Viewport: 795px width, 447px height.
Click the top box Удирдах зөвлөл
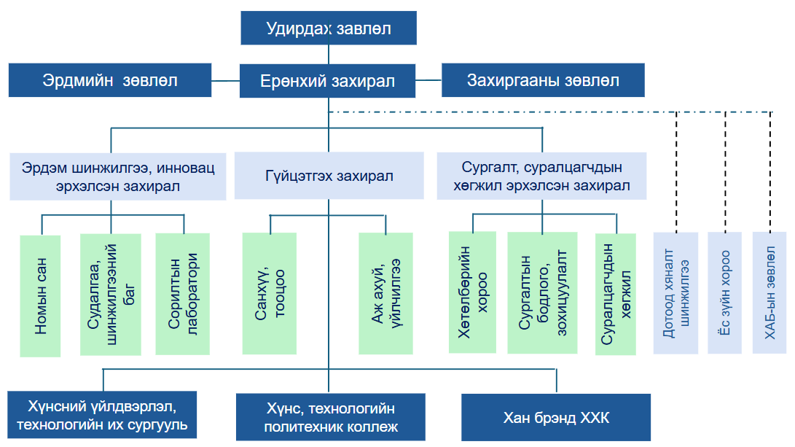coord(328,30)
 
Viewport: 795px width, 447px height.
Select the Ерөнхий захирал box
coord(328,81)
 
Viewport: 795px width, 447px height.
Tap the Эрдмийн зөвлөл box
coord(110,80)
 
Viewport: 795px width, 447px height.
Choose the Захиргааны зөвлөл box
coord(543,80)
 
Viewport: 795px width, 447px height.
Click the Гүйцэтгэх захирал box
coord(329,176)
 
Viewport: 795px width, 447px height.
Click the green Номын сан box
coord(40,295)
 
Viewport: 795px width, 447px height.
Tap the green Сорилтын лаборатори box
coord(182,293)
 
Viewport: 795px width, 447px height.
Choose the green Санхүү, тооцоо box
coord(270,293)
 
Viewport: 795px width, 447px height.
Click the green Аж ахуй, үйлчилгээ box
coord(385,293)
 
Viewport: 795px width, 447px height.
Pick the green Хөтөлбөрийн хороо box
coord(472,292)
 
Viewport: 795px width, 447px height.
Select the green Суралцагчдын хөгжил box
coord(615,293)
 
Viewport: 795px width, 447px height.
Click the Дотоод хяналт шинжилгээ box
coord(675,292)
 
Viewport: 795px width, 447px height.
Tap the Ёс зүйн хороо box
coord(724,292)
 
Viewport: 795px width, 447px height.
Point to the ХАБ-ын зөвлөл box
coord(769,292)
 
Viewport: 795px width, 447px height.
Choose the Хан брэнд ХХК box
coord(556,418)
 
